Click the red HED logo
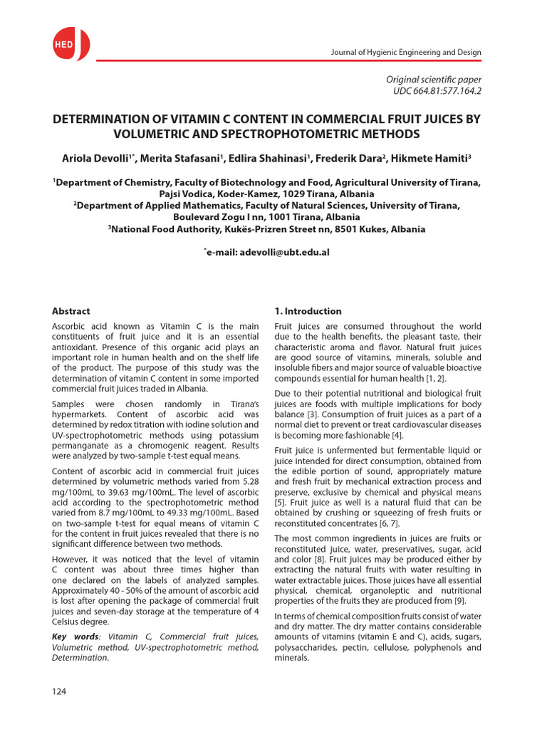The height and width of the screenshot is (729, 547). [x=68, y=44]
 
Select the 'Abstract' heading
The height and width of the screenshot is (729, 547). [x=71, y=311]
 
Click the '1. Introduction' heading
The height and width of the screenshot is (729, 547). [x=308, y=311]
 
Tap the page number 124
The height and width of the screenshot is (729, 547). [x=60, y=693]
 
